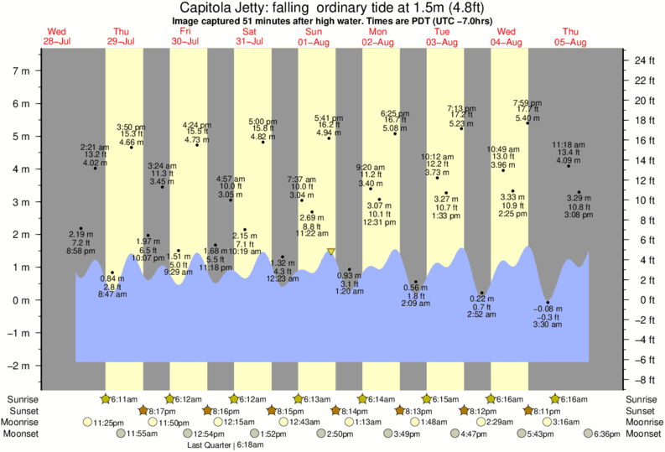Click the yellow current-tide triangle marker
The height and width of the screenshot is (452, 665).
tap(331, 252)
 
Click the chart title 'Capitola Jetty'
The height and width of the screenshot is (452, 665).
tap(219, 8)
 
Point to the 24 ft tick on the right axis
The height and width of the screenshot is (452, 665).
tap(644, 61)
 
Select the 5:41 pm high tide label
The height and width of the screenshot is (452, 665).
tap(328, 125)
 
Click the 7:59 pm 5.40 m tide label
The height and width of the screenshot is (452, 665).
tap(527, 111)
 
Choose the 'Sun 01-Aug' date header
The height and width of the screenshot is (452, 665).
tap(314, 37)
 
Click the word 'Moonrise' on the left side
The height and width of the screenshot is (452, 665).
tap(26, 423)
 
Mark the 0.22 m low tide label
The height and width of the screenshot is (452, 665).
tap(482, 307)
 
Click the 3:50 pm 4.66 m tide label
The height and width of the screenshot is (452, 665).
tap(131, 135)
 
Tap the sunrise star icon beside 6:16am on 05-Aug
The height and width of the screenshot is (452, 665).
tap(555, 398)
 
